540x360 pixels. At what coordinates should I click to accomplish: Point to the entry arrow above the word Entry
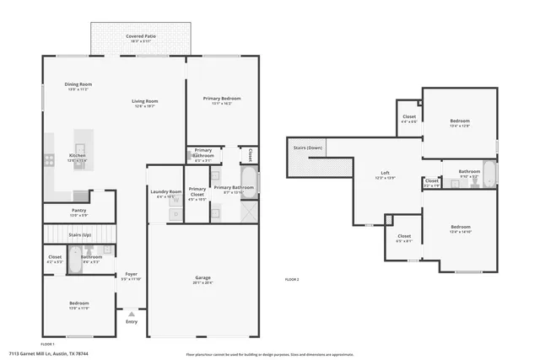point(131,314)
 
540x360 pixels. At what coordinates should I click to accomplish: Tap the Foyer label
point(131,275)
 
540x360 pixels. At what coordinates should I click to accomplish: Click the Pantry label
point(78,212)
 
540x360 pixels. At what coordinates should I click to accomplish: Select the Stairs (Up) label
point(78,234)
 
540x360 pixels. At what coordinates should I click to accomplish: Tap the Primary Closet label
point(197,191)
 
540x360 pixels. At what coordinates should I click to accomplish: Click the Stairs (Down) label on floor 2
point(308,148)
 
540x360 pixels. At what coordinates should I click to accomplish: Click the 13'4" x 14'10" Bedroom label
point(460,228)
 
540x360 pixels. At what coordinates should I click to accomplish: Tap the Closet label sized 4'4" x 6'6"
point(408,118)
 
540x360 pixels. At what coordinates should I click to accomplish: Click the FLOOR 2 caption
point(292,279)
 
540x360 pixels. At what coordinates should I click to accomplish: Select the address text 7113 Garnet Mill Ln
point(47,354)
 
